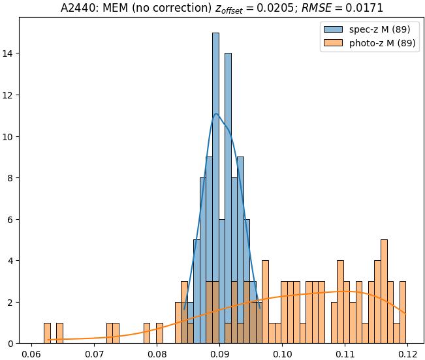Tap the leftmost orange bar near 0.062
pos(47,333)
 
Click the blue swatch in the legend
pos(331,30)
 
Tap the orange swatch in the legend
pos(331,44)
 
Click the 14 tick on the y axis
pos(10,53)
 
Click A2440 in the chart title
pos(79,8)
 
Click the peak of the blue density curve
pos(216,114)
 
